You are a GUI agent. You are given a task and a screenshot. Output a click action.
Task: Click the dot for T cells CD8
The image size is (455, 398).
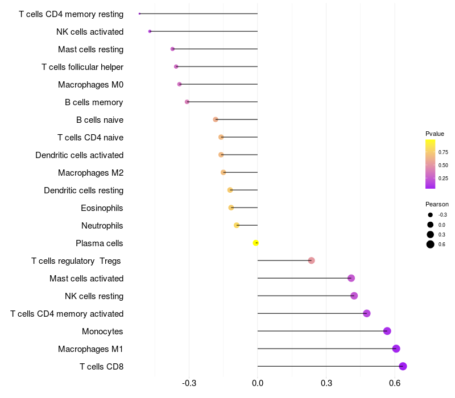(403, 366)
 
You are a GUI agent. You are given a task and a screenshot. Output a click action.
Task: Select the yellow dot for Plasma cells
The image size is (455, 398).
(255, 243)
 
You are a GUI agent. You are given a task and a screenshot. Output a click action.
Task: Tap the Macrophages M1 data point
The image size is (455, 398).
(396, 349)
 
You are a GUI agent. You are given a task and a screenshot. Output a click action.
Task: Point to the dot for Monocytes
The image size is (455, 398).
(387, 331)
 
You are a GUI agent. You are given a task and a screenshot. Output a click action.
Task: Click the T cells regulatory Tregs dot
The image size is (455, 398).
(311, 260)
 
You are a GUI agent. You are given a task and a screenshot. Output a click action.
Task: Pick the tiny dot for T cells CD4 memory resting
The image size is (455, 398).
(139, 14)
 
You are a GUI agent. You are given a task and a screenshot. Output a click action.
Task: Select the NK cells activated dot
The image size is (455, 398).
(150, 31)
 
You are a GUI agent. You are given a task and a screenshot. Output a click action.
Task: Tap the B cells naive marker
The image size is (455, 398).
(216, 119)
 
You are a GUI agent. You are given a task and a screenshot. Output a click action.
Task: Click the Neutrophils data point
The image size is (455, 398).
(237, 225)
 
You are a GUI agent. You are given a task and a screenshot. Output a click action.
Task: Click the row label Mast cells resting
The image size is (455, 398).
(90, 49)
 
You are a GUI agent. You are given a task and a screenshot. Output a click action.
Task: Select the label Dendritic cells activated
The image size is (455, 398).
(79, 155)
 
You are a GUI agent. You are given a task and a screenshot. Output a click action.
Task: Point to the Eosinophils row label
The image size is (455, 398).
(102, 208)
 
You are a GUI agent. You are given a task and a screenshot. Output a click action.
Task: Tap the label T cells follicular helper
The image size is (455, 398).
(82, 67)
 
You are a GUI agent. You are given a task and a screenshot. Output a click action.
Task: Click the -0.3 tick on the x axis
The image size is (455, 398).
(189, 383)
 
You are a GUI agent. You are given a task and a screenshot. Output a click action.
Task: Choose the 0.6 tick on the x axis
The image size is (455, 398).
(395, 383)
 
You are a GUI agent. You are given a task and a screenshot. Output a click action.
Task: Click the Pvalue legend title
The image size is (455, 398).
(435, 134)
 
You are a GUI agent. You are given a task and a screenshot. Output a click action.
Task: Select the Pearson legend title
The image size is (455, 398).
(437, 204)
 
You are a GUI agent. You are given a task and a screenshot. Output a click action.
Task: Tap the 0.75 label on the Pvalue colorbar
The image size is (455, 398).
(443, 152)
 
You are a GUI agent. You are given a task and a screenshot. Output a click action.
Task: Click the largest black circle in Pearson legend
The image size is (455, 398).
(431, 244)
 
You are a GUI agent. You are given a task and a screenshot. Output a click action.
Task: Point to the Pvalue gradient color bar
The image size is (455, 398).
(431, 164)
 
